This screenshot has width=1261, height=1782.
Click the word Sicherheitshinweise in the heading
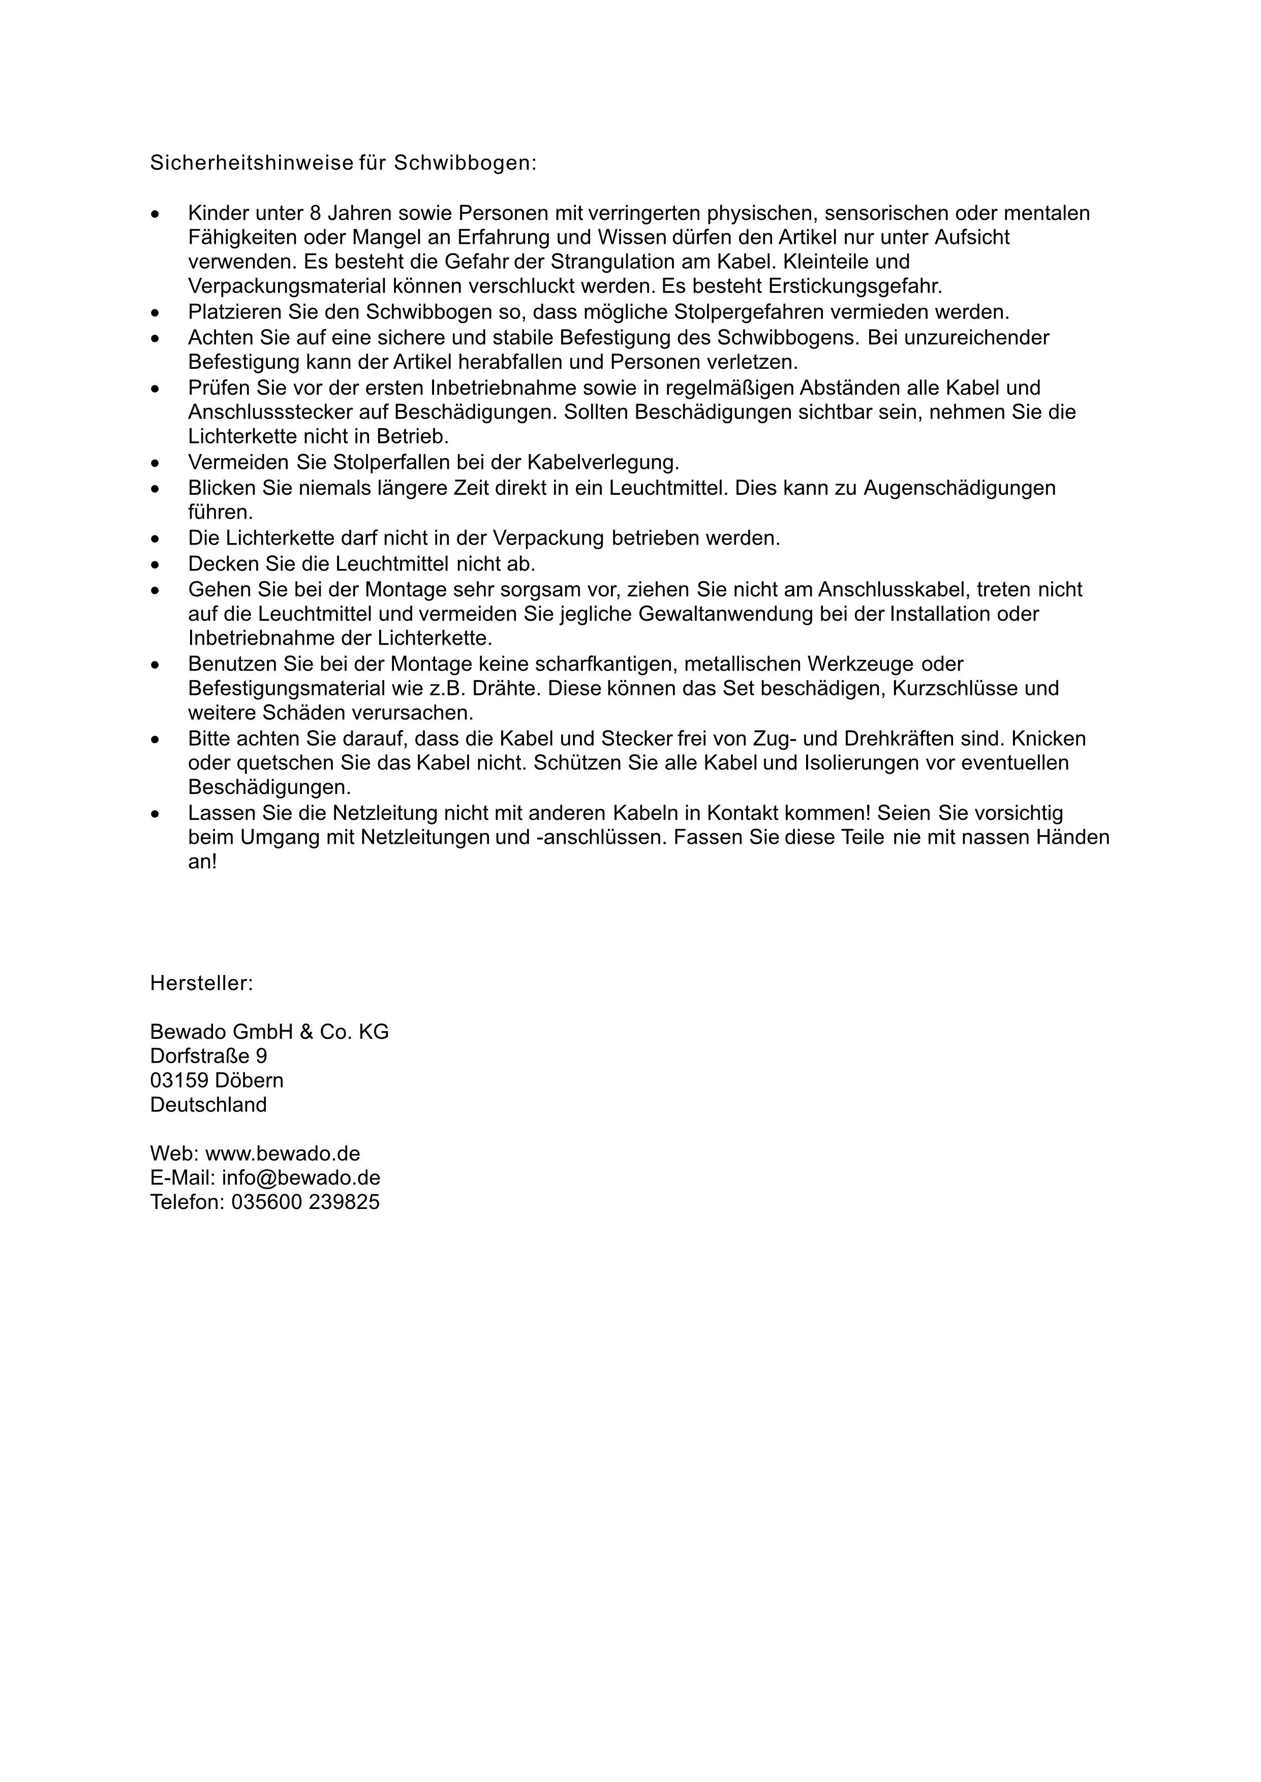251,164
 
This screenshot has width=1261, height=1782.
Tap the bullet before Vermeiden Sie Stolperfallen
156,463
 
